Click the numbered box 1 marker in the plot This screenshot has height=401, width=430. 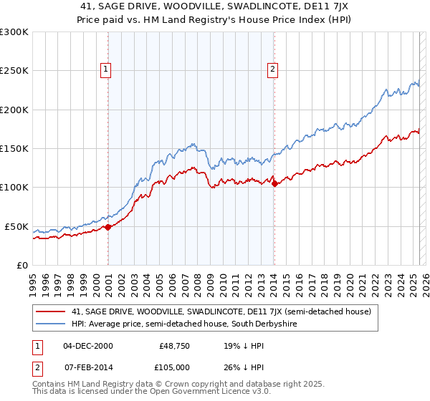(x=105, y=69)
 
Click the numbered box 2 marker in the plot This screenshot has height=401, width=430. (x=273, y=69)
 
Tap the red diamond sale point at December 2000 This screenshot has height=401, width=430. (x=108, y=227)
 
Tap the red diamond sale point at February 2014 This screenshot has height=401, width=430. (x=274, y=183)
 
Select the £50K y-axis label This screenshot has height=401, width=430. (x=16, y=226)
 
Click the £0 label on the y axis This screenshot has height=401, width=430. (x=22, y=265)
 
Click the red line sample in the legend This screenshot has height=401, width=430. (x=50, y=311)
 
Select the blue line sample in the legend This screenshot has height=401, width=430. (x=50, y=324)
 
